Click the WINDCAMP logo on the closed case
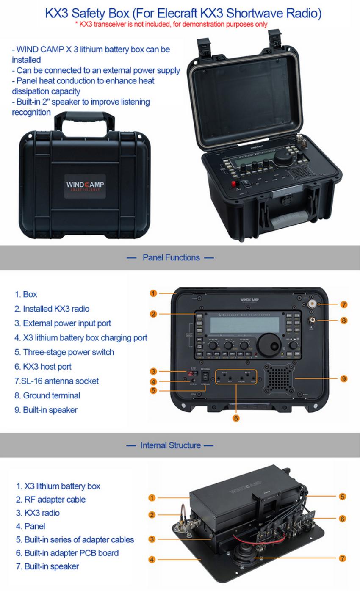point(85,185)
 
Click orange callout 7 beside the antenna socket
point(343,304)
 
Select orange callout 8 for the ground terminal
point(343,320)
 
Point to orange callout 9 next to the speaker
point(343,378)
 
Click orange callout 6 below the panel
point(236,418)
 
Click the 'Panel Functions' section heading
point(171,257)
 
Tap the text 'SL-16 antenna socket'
point(60,381)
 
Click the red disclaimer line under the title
point(171,24)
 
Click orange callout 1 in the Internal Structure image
point(152,498)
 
